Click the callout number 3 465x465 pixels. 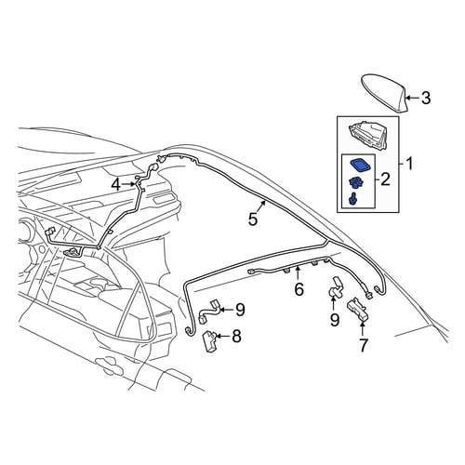tap(426, 99)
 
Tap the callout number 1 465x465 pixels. tap(410, 164)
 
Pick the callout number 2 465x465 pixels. tap(385, 179)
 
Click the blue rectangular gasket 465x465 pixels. tap(361, 165)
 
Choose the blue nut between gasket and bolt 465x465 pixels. tap(355, 183)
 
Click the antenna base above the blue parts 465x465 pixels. tap(369, 135)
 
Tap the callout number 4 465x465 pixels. tap(116, 185)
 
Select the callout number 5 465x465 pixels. tap(253, 219)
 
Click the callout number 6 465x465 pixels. tap(299, 289)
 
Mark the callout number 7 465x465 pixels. tap(363, 345)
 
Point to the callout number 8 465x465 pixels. tap(236, 337)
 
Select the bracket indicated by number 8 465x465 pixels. tap(209, 340)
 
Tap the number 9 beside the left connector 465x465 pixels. tap(240, 310)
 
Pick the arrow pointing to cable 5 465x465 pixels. tap(261, 206)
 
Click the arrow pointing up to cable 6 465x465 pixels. tap(298, 272)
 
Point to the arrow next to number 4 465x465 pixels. tap(129, 184)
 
